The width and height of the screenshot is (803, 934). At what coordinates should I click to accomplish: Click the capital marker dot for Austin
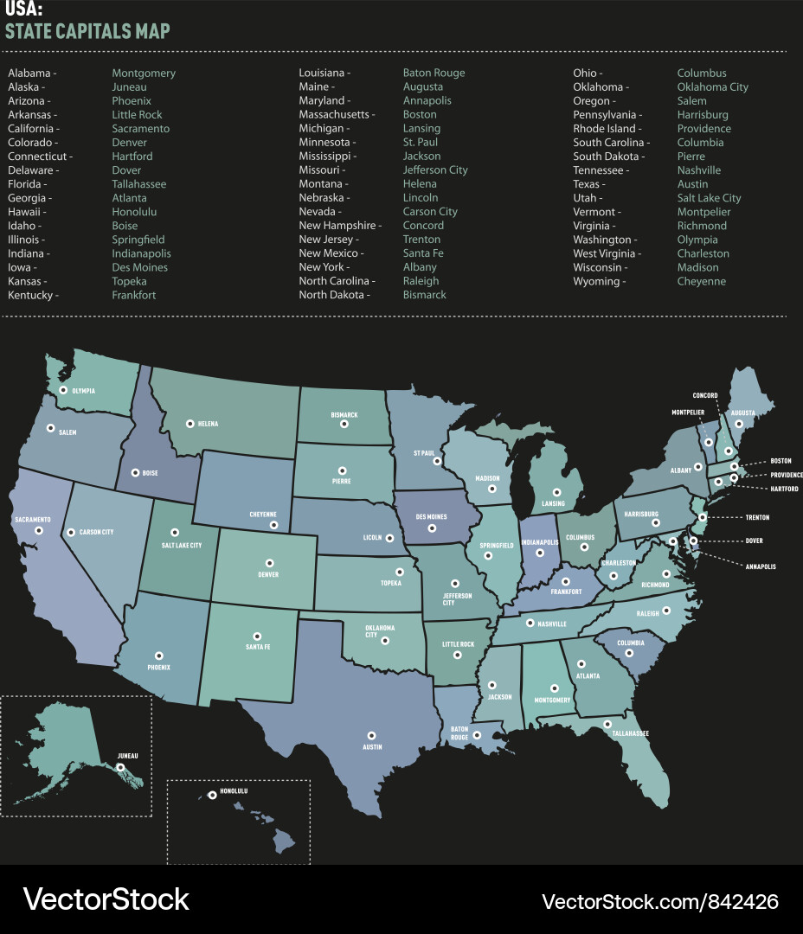(372, 735)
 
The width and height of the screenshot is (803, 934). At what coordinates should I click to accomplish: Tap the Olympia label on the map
(82, 391)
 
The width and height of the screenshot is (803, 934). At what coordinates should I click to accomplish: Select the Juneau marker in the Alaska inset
(121, 766)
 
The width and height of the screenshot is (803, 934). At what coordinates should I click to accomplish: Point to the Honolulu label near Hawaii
(234, 791)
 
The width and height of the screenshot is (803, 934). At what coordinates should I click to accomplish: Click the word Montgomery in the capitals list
(144, 74)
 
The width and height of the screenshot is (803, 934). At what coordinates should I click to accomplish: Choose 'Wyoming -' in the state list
(599, 281)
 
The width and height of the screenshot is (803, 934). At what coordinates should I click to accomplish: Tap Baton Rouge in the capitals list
(434, 74)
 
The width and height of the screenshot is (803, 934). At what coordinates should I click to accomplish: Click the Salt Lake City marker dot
(175, 533)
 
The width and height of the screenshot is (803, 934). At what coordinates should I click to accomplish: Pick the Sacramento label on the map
(33, 520)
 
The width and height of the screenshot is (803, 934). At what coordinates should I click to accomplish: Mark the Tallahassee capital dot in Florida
(607, 724)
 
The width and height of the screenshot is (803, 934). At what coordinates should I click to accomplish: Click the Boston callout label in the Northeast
(781, 461)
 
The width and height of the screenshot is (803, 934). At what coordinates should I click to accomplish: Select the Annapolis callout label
(761, 566)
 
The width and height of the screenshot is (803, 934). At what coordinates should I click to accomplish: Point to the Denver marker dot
(269, 563)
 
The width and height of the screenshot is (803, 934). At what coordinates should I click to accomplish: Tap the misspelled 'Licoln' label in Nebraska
(372, 538)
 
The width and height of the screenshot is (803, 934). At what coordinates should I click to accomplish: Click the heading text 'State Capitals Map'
(87, 32)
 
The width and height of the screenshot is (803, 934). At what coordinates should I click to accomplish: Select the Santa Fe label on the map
(257, 648)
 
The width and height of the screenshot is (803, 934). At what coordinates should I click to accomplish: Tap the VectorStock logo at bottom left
(106, 899)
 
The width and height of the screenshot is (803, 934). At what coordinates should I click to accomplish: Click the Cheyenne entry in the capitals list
(701, 281)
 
